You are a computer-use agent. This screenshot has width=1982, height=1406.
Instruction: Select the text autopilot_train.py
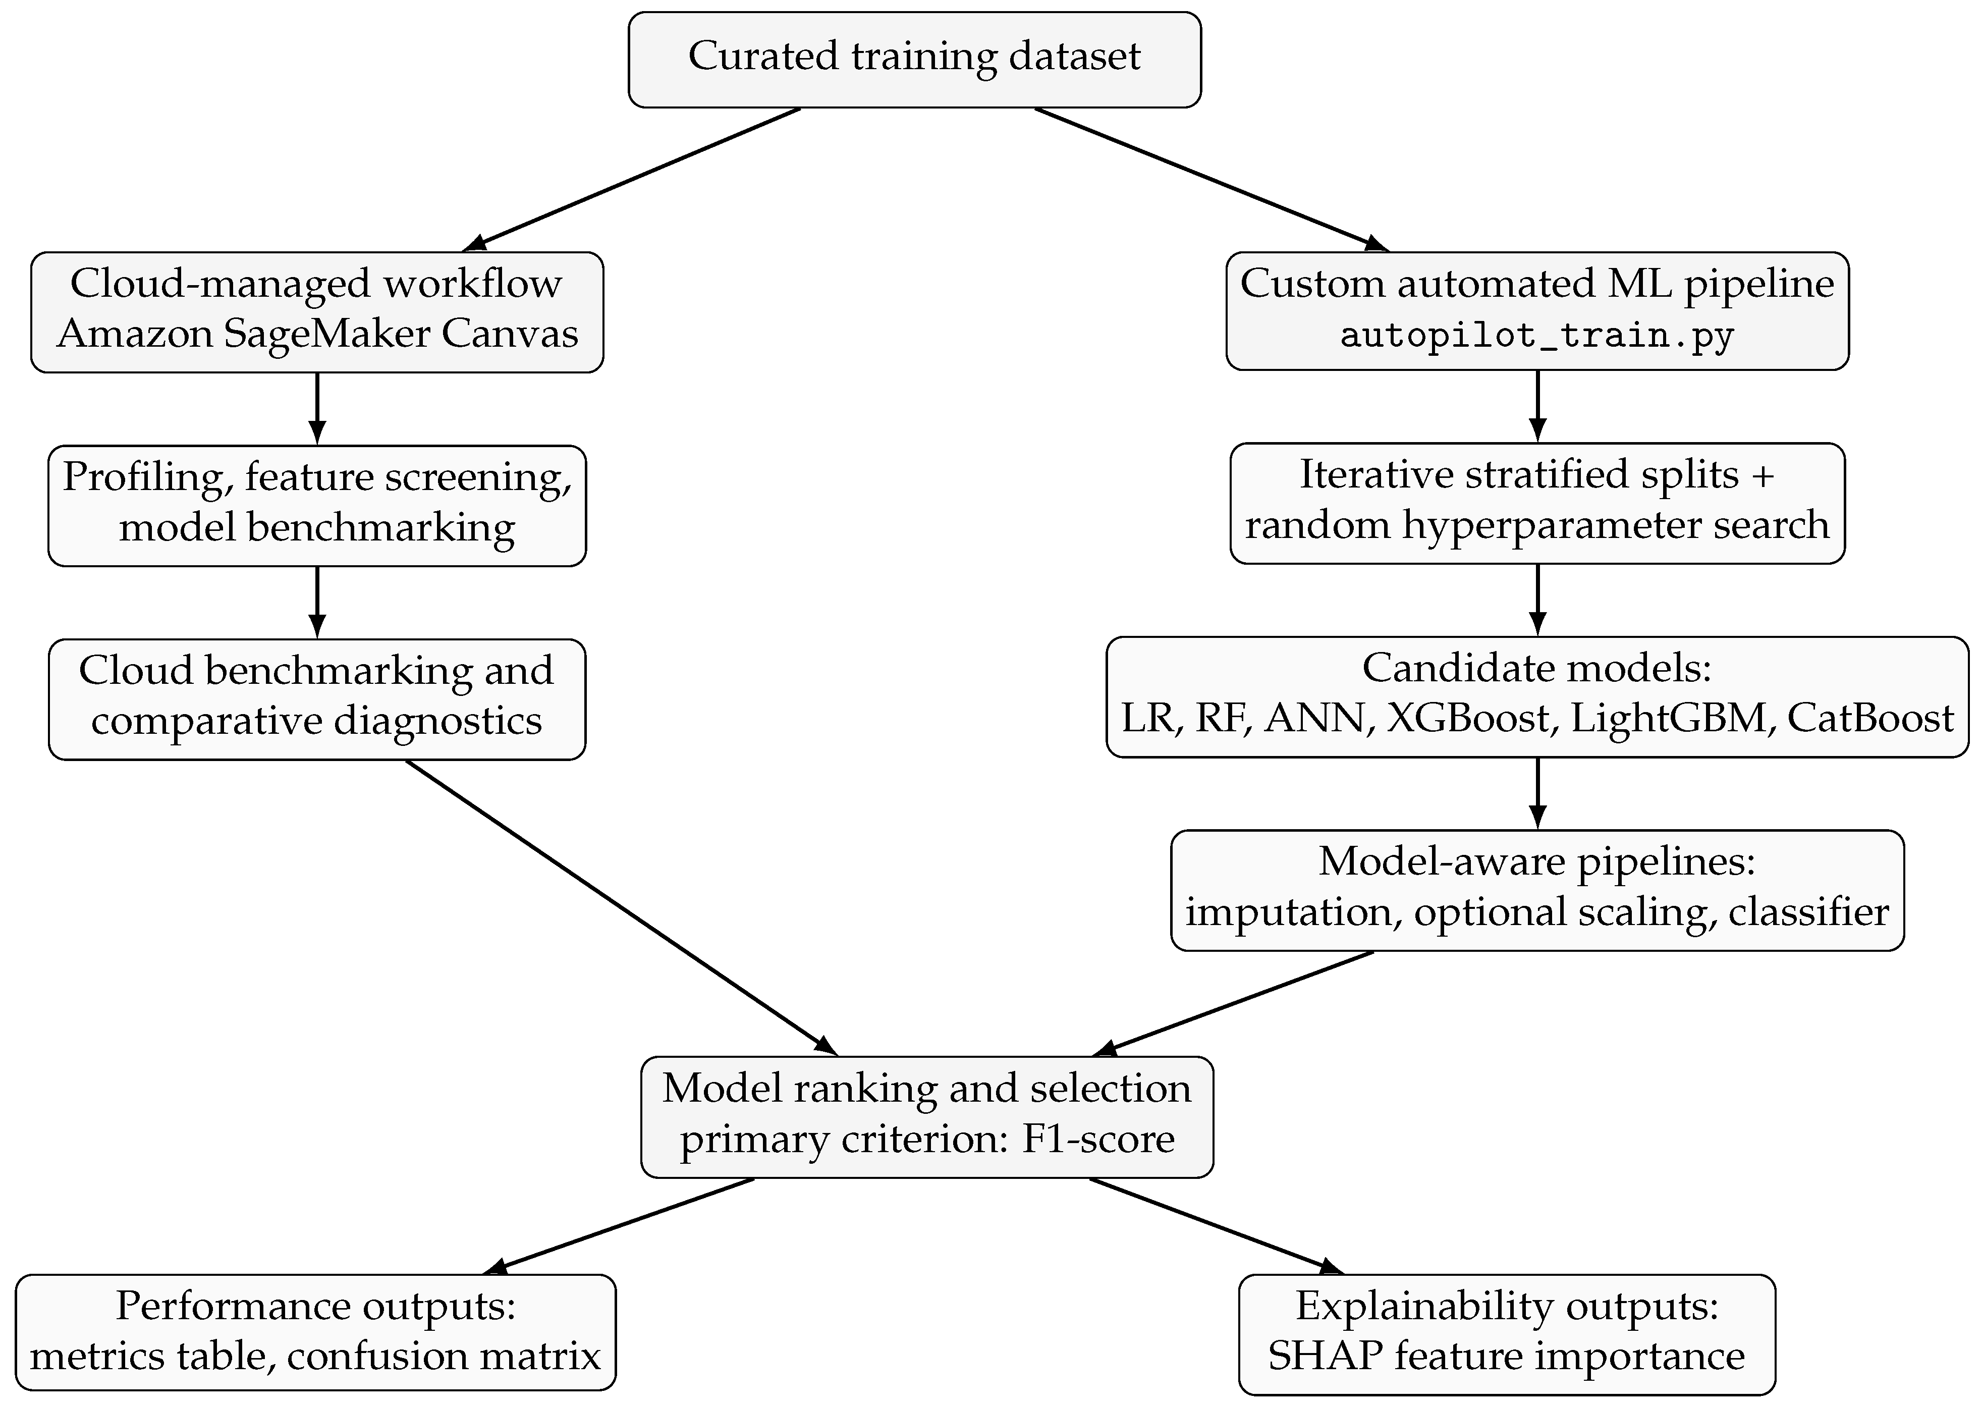[1537, 335]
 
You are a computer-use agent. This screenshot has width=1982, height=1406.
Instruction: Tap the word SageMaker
[326, 333]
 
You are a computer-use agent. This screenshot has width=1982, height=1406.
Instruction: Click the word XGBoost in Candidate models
[1468, 718]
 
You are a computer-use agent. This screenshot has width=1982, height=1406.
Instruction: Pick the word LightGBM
[1668, 718]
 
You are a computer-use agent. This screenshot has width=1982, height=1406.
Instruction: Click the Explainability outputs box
[1507, 1334]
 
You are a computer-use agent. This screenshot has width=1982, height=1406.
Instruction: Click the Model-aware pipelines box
[1537, 890]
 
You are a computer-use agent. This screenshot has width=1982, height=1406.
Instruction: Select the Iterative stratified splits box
[1537, 503]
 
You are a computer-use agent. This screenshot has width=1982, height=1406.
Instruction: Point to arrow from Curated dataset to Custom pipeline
[1212, 179]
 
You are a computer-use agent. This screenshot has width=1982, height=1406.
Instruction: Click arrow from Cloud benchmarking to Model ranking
[622, 907]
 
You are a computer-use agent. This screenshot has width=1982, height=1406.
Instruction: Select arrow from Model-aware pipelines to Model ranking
[1233, 1003]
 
